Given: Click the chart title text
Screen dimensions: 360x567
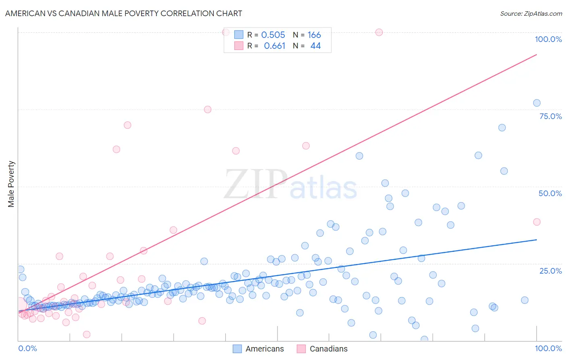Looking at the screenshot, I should (x=123, y=13).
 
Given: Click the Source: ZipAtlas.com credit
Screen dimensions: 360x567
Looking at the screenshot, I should (x=531, y=13).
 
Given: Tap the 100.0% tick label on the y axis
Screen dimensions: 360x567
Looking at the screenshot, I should (x=548, y=39).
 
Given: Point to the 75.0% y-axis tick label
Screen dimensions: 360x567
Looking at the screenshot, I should (x=550, y=116).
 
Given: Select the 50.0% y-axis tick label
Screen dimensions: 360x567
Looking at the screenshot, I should (x=550, y=193).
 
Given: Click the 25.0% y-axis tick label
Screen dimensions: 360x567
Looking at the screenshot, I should (x=550, y=270).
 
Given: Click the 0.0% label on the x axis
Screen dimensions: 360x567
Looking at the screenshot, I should (x=27, y=348).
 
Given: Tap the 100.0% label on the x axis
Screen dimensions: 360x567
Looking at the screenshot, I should (x=548, y=348).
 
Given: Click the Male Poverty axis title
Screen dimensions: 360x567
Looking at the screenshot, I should (x=11, y=184).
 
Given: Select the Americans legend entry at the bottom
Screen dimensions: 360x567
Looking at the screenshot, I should (x=258, y=349).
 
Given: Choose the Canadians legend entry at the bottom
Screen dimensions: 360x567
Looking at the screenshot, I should (x=322, y=349).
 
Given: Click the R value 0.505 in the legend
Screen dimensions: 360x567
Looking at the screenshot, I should (x=273, y=35).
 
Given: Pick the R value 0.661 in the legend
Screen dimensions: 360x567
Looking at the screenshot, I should (x=274, y=46).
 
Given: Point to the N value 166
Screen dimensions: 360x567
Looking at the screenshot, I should (x=314, y=35).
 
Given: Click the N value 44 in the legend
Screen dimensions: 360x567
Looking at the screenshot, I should (x=315, y=46).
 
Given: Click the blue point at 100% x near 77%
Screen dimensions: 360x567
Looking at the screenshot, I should (x=536, y=103).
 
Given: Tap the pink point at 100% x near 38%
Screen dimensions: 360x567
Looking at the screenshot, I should (x=536, y=222).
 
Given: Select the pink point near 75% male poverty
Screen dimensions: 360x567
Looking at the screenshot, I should (x=208, y=109).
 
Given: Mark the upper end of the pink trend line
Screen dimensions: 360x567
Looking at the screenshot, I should (x=536, y=54).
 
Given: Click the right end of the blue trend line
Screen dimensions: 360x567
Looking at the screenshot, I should (x=536, y=240).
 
